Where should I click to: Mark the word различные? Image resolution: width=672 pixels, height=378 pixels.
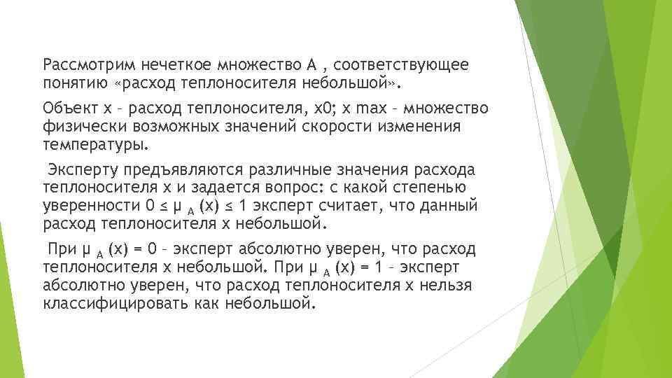[x=288, y=171]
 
